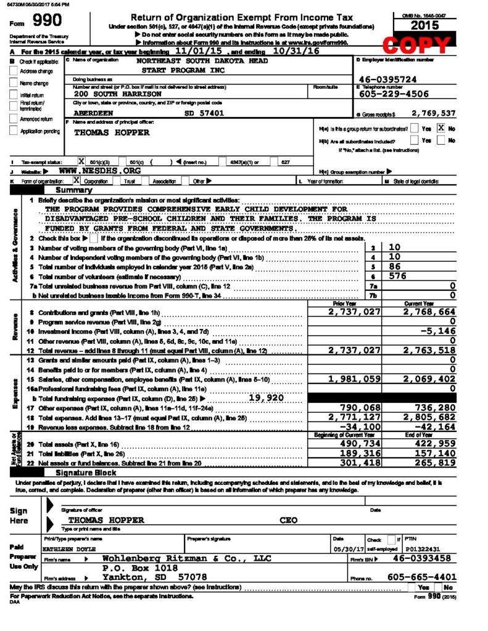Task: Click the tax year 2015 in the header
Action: tap(418, 25)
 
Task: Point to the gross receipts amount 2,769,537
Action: tap(433, 113)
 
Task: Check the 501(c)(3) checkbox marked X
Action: tap(81, 161)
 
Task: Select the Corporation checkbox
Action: tap(77, 181)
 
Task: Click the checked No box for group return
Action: tap(440, 129)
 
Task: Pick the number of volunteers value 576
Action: tap(399, 276)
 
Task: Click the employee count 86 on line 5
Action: tap(395, 266)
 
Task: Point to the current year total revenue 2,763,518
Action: tap(429, 350)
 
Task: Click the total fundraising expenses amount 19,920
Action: tap(265, 397)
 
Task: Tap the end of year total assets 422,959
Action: tap(434, 444)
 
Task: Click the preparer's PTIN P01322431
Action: tap(425, 548)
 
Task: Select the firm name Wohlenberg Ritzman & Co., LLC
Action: tap(186, 558)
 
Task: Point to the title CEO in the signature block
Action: tap(289, 520)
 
